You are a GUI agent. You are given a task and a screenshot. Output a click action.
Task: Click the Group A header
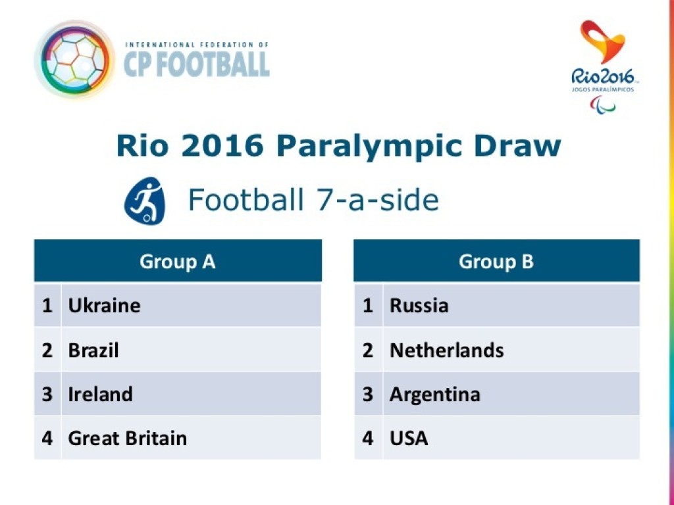click(x=178, y=261)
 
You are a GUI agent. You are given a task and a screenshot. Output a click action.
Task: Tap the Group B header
click(x=496, y=261)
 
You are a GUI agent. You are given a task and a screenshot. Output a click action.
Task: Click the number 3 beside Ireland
click(x=47, y=395)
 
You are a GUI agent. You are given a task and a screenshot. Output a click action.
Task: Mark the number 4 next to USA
click(x=367, y=439)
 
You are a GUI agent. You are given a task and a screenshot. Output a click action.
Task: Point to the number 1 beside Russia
click(x=367, y=305)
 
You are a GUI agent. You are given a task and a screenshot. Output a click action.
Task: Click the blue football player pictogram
click(x=144, y=201)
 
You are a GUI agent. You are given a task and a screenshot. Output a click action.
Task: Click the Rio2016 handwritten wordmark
click(x=603, y=77)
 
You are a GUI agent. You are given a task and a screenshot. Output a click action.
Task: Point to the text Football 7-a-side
click(x=313, y=200)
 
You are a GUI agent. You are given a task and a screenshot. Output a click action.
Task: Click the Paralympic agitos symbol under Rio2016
click(x=603, y=105)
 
